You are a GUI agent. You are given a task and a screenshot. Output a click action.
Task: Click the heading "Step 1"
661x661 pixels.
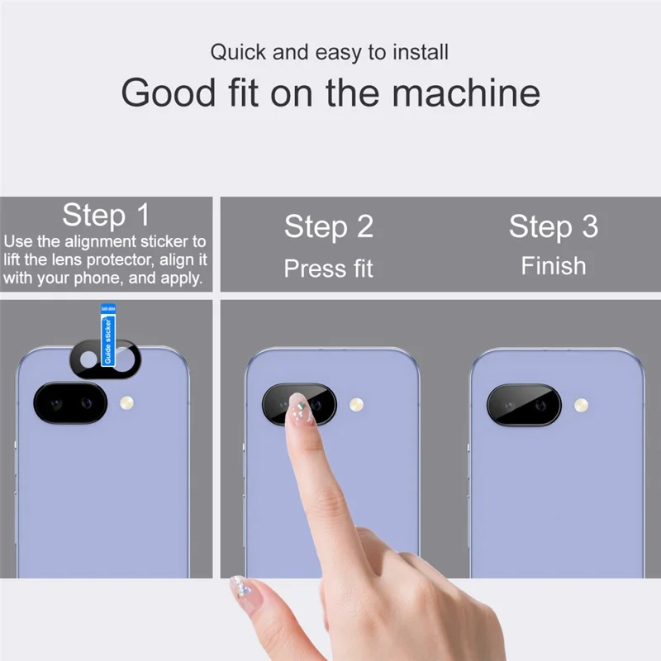point(106,215)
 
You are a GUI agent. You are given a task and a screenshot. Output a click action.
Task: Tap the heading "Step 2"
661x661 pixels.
point(329,226)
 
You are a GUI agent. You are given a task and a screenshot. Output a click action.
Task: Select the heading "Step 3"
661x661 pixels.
point(553,226)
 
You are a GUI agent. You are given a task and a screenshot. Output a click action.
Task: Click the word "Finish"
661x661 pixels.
point(553,266)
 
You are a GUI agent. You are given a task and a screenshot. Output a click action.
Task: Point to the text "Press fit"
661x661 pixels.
point(329,269)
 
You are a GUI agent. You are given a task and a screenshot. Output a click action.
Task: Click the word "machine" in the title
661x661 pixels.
point(466,93)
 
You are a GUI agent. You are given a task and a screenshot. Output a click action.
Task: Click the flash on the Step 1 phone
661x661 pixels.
point(126,403)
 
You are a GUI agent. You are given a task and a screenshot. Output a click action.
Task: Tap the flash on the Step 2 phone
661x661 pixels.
point(356,404)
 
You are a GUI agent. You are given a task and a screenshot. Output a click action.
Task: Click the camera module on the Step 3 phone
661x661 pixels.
point(523,405)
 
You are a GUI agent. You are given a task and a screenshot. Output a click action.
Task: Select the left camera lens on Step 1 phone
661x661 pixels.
point(56,404)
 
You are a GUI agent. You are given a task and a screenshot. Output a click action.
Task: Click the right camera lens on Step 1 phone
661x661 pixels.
point(86,404)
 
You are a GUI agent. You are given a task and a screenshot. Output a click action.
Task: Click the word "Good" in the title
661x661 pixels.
point(168,93)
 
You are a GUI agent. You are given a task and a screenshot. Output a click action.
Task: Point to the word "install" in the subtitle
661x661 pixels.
point(420,53)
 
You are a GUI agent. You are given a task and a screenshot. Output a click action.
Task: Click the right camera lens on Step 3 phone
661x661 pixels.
point(540,405)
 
